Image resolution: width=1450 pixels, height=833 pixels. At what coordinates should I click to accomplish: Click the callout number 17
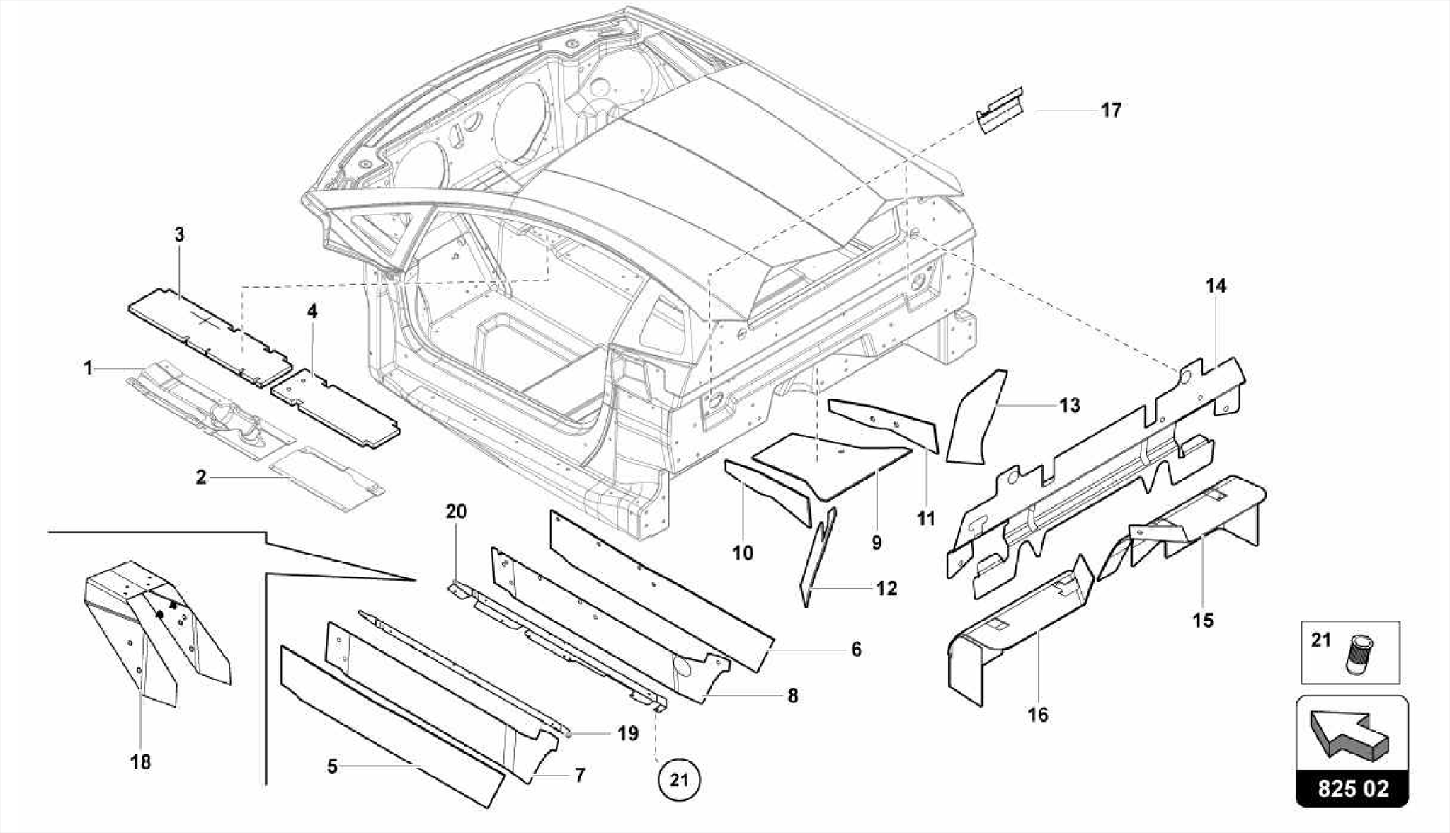(x=1111, y=110)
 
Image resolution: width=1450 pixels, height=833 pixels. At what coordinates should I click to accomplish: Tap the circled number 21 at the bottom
(x=679, y=781)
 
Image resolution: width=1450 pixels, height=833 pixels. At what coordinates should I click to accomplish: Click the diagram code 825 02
(x=1353, y=789)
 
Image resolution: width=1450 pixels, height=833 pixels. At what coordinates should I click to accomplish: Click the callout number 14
(x=1216, y=286)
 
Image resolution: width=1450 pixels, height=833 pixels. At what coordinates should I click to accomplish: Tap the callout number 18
(x=141, y=762)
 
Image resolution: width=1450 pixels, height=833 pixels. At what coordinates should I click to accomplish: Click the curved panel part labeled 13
(x=977, y=418)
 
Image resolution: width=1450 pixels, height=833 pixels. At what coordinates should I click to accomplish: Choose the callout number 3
(x=179, y=235)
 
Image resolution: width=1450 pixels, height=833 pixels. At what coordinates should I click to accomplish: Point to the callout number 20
(x=456, y=511)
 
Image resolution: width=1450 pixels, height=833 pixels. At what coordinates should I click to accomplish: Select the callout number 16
(x=1037, y=715)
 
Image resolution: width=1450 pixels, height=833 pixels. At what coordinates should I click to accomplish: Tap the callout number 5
(x=332, y=766)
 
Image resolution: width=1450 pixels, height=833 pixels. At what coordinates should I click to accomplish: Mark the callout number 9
(x=877, y=543)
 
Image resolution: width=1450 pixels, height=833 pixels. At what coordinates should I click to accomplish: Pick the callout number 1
(x=88, y=368)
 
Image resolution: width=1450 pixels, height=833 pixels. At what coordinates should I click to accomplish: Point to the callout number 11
(x=926, y=518)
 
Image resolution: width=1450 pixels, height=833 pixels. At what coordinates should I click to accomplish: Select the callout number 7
(x=580, y=775)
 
